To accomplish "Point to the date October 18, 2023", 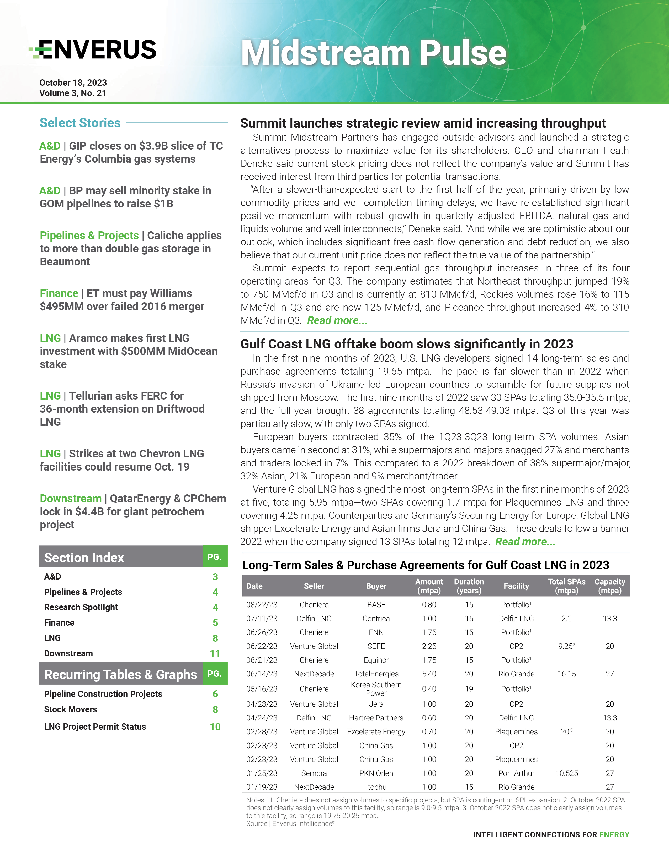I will [73, 83].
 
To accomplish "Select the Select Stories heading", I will [80, 123].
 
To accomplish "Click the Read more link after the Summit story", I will [337, 321].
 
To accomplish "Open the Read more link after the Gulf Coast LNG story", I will [525, 542].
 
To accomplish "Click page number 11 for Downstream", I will [215, 653].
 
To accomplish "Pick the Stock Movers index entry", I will [71, 709].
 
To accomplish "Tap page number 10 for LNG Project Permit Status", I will [215, 727].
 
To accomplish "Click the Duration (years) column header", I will [469, 586].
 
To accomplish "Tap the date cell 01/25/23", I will [262, 773].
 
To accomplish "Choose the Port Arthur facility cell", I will [516, 773].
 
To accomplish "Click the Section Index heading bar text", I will [84, 558].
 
